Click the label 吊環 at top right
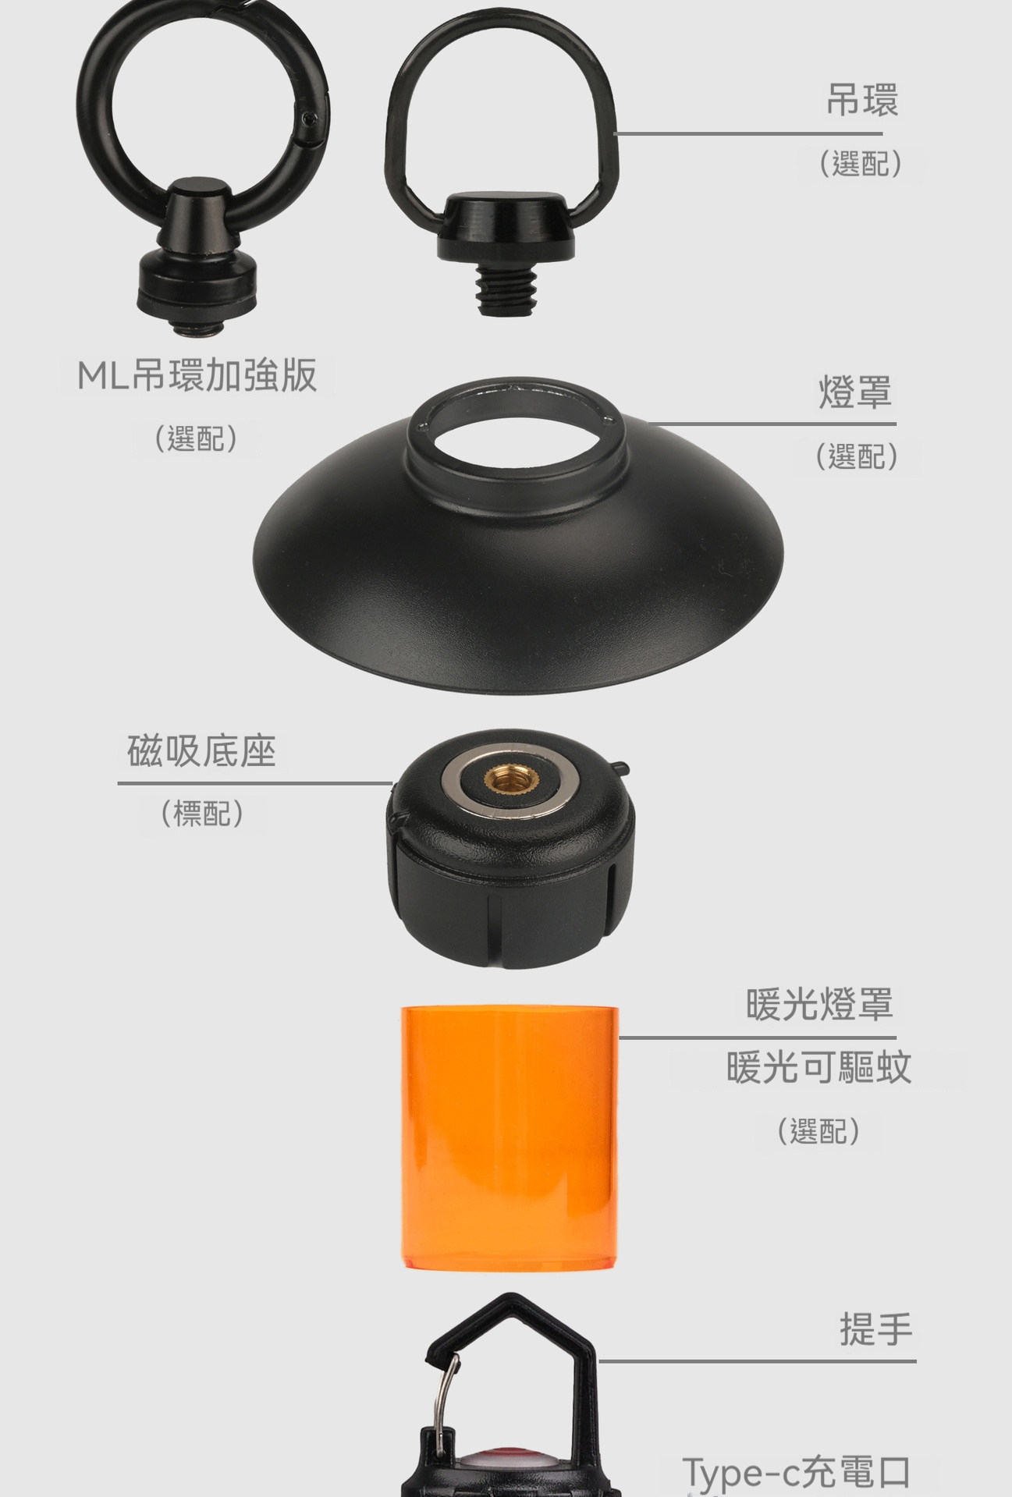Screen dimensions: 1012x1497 (862, 101)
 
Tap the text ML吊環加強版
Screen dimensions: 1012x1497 (197, 375)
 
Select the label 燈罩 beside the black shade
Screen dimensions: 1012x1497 (855, 392)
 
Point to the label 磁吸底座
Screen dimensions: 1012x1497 (201, 751)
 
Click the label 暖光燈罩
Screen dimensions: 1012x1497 (819, 1004)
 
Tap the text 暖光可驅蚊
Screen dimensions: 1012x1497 (819, 1067)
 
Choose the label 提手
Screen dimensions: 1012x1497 (876, 1328)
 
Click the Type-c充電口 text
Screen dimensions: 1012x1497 (797, 1472)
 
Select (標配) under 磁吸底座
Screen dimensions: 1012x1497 (202, 814)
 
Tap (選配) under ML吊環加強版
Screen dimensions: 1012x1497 (196, 438)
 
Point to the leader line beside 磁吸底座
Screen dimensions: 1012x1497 (254, 783)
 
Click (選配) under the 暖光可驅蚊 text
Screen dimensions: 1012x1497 (818, 1130)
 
